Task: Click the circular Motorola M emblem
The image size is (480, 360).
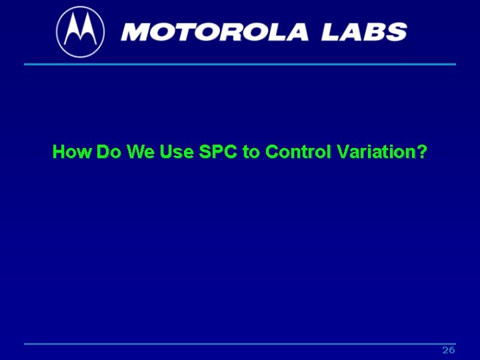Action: pos(80,31)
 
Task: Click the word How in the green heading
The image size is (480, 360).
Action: pos(72,152)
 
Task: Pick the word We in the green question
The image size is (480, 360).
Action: pos(140,152)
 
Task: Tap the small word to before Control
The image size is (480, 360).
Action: pos(251,152)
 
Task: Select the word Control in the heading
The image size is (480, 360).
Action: pos(298,152)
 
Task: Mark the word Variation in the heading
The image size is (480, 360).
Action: pos(375,152)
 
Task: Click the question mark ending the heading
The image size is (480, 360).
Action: pos(421,152)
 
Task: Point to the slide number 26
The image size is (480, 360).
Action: pos(448,351)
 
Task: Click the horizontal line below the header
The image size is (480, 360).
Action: pos(240,64)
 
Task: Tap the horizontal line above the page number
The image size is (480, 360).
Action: pos(240,344)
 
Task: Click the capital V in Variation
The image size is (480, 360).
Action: pos(343,152)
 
